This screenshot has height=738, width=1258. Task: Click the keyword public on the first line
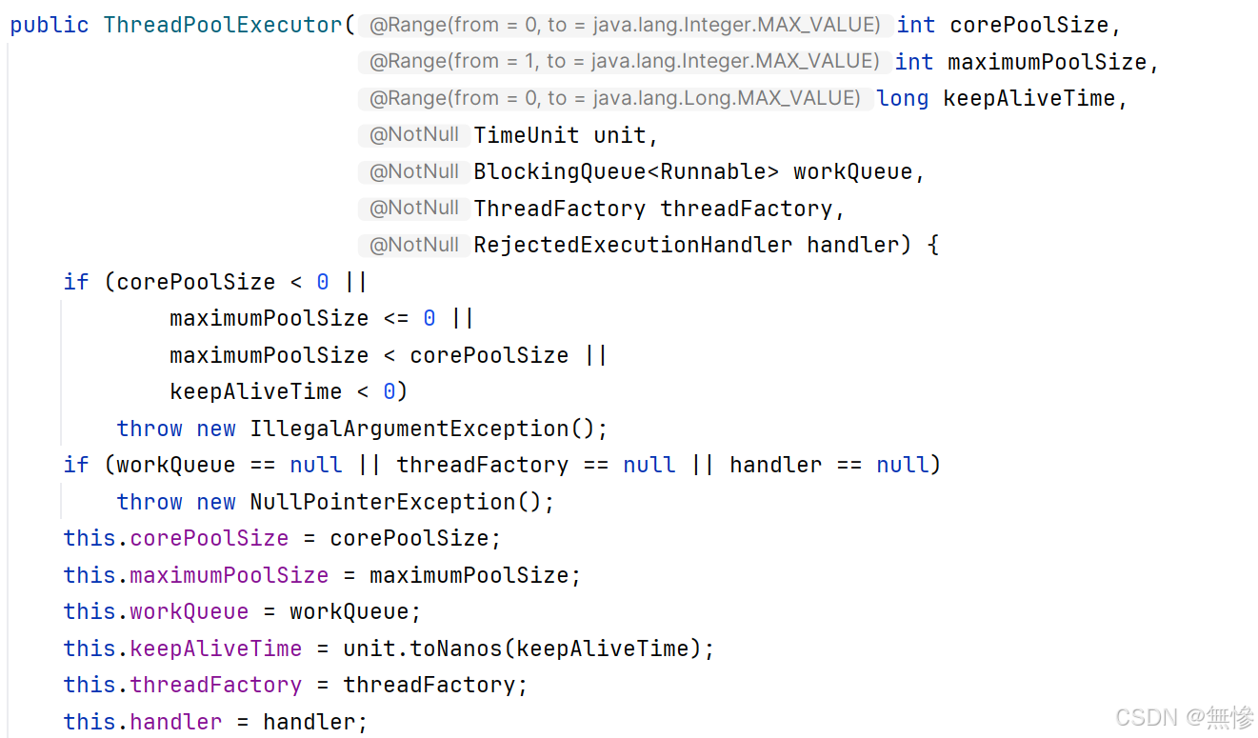coord(50,25)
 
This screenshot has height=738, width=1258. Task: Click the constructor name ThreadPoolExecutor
coord(223,25)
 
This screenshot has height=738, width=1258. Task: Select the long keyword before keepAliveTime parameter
coord(902,98)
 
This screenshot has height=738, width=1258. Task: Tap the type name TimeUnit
coord(527,135)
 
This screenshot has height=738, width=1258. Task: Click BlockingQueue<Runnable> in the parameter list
coord(626,171)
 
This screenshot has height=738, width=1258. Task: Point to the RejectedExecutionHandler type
coord(632,245)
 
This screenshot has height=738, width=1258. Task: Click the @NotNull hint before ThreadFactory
coord(414,209)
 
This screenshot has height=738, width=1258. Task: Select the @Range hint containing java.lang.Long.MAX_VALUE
coord(614,98)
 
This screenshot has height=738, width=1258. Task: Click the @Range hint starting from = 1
coord(624,62)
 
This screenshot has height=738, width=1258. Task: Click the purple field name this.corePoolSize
coord(209,538)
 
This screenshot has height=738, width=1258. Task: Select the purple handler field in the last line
coord(175,722)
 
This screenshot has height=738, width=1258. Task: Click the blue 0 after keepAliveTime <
coord(389,391)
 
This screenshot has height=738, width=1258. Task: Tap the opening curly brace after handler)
coord(932,245)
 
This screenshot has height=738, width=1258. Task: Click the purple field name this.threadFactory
coord(215,685)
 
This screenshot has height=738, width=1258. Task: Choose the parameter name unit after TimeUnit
coord(619,135)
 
